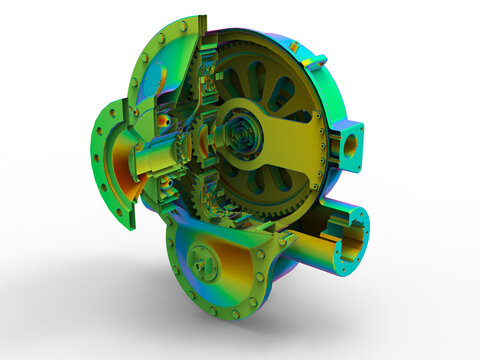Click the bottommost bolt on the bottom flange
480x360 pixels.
(236, 314)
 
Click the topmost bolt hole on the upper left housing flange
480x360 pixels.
(182, 26)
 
